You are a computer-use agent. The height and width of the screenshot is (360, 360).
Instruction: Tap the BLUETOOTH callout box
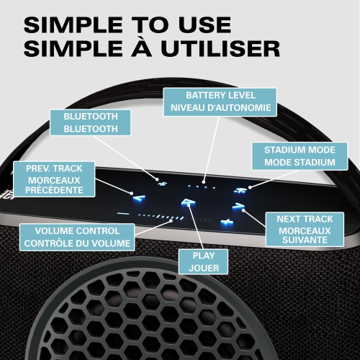pyautogui.click(x=91, y=122)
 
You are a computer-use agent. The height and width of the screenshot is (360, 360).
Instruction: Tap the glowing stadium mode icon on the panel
pyautogui.click(x=240, y=190)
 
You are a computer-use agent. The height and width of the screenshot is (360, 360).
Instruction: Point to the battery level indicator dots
pyautogui.click(x=204, y=184)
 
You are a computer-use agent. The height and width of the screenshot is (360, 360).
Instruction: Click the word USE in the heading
pyautogui.click(x=204, y=24)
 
